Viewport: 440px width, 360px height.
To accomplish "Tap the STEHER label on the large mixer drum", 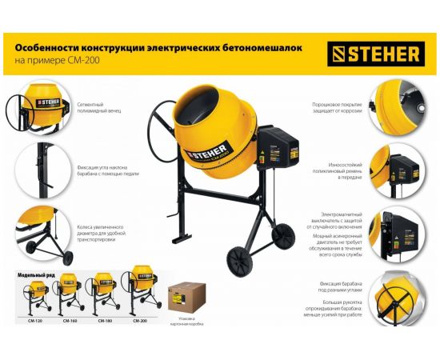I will (x=203, y=150).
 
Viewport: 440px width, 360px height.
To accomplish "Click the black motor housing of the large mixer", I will (x=278, y=150).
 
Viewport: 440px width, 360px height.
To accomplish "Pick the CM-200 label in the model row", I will (x=141, y=320).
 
